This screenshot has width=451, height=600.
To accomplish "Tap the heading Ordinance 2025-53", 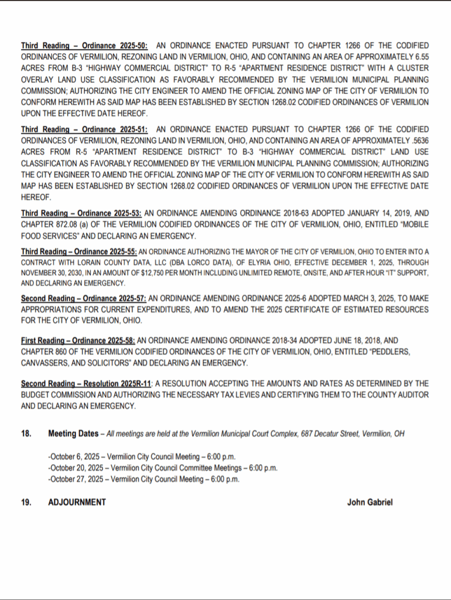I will pyautogui.click(x=82, y=214).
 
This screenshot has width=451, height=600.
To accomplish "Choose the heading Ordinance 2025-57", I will pyautogui.click(x=83, y=298).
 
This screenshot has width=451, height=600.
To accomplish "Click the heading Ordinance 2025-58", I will pyautogui.click(x=78, y=340).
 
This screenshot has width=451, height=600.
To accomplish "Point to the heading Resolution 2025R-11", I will pyautogui.click(x=87, y=383).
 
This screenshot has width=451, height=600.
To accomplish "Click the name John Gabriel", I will pyautogui.click(x=370, y=502).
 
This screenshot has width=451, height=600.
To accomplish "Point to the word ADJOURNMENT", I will pyautogui.click(x=77, y=502).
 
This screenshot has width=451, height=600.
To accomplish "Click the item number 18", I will pyautogui.click(x=26, y=434).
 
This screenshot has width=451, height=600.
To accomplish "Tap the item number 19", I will pyautogui.click(x=26, y=502).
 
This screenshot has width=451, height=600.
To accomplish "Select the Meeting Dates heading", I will pyautogui.click(x=73, y=434).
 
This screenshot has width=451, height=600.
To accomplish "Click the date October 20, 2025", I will pyautogui.click(x=77, y=468).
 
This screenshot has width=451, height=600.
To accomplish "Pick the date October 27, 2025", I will pyautogui.click(x=77, y=479).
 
